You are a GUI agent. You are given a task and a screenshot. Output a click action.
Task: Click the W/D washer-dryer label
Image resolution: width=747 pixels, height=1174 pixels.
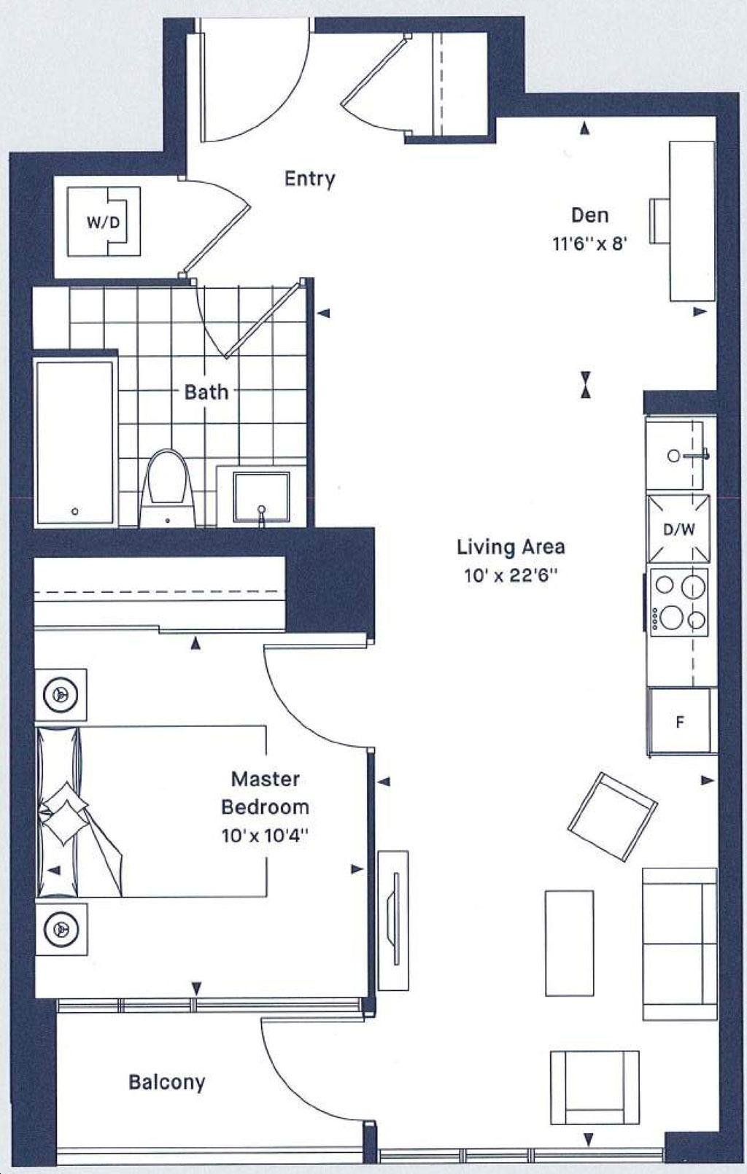[x=104, y=222]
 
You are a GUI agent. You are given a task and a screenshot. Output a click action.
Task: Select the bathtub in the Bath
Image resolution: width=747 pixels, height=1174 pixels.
[x=74, y=443]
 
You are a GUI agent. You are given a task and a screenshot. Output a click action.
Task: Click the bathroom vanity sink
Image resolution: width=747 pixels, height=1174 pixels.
[x=261, y=497]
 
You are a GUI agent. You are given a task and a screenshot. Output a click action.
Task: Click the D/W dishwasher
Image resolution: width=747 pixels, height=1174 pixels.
[x=678, y=529]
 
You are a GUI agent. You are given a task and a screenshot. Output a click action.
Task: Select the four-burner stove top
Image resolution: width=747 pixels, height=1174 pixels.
[x=679, y=602]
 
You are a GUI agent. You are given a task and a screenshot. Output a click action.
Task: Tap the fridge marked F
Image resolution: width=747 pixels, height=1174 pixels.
[x=679, y=722]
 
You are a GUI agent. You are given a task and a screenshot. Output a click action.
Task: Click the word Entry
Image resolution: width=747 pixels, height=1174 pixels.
[x=309, y=179]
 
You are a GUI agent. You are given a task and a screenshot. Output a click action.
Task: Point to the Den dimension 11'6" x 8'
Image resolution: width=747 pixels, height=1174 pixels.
[x=589, y=244]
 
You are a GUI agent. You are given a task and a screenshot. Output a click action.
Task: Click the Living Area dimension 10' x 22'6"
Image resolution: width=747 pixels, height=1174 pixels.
[x=510, y=576]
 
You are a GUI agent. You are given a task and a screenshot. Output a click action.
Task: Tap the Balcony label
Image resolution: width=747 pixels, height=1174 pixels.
[x=167, y=1083]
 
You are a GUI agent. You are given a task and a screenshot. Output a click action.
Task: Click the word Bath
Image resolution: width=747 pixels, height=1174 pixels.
[x=206, y=392]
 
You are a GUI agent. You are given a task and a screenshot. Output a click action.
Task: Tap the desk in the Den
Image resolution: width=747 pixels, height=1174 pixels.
[x=692, y=221]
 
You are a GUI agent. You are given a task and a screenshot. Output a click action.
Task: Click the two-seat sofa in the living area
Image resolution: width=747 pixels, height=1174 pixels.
[x=679, y=944]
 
